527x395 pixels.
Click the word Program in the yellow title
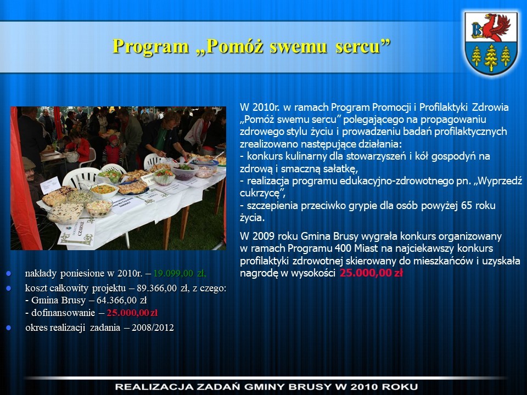click(x=150, y=46)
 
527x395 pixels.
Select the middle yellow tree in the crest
click(x=491, y=58)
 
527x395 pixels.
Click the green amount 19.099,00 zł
click(x=180, y=273)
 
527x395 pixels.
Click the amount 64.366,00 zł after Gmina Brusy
click(x=122, y=300)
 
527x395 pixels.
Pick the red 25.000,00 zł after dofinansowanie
click(x=132, y=313)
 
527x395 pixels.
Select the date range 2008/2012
click(x=153, y=328)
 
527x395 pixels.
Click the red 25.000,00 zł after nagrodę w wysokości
click(x=371, y=273)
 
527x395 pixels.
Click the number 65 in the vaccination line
click(x=467, y=205)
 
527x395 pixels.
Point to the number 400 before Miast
click(x=343, y=248)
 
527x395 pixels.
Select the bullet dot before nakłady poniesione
click(x=9, y=273)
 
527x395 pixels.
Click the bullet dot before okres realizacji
click(x=9, y=328)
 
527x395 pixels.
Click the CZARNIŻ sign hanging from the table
click(x=77, y=232)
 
